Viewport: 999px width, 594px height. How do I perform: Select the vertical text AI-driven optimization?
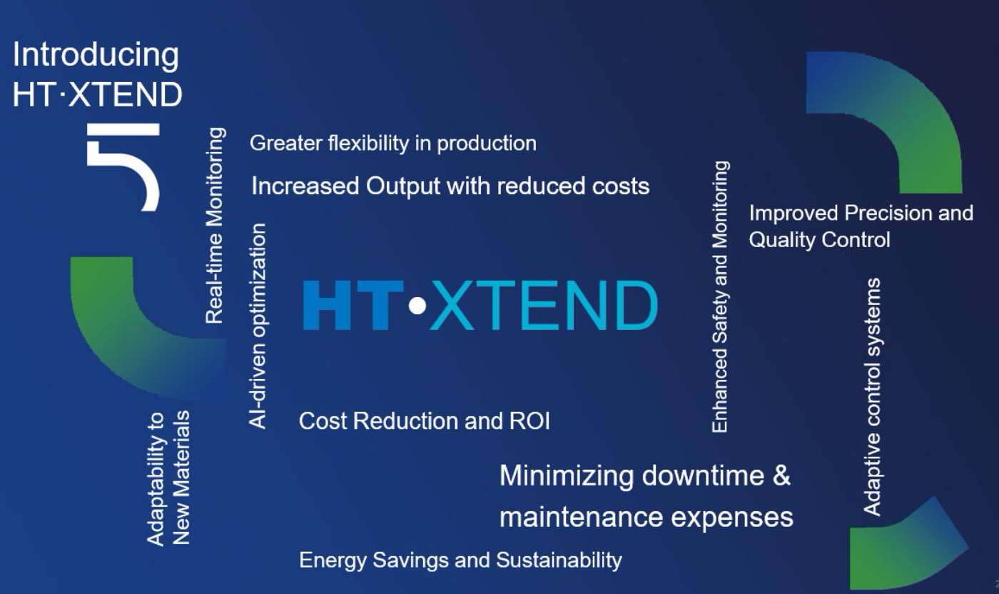click(258, 326)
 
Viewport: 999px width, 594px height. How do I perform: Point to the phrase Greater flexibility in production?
click(392, 144)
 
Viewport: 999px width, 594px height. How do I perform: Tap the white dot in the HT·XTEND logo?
click(418, 306)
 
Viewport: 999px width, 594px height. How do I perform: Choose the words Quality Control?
click(819, 240)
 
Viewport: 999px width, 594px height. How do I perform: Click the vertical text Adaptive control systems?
click(872, 396)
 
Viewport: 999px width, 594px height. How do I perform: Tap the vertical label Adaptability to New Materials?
click(169, 477)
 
